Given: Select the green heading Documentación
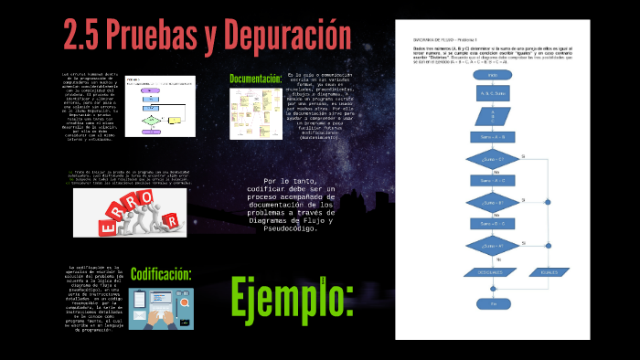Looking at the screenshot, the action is [x=255, y=79].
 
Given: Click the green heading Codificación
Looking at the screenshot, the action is [x=160, y=274].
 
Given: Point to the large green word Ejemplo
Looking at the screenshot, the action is [x=292, y=297].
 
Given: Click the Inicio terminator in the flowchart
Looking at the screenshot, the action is [x=492, y=74].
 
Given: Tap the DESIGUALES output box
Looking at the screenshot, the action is [x=492, y=271].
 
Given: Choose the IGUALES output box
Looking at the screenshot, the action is [x=549, y=271].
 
